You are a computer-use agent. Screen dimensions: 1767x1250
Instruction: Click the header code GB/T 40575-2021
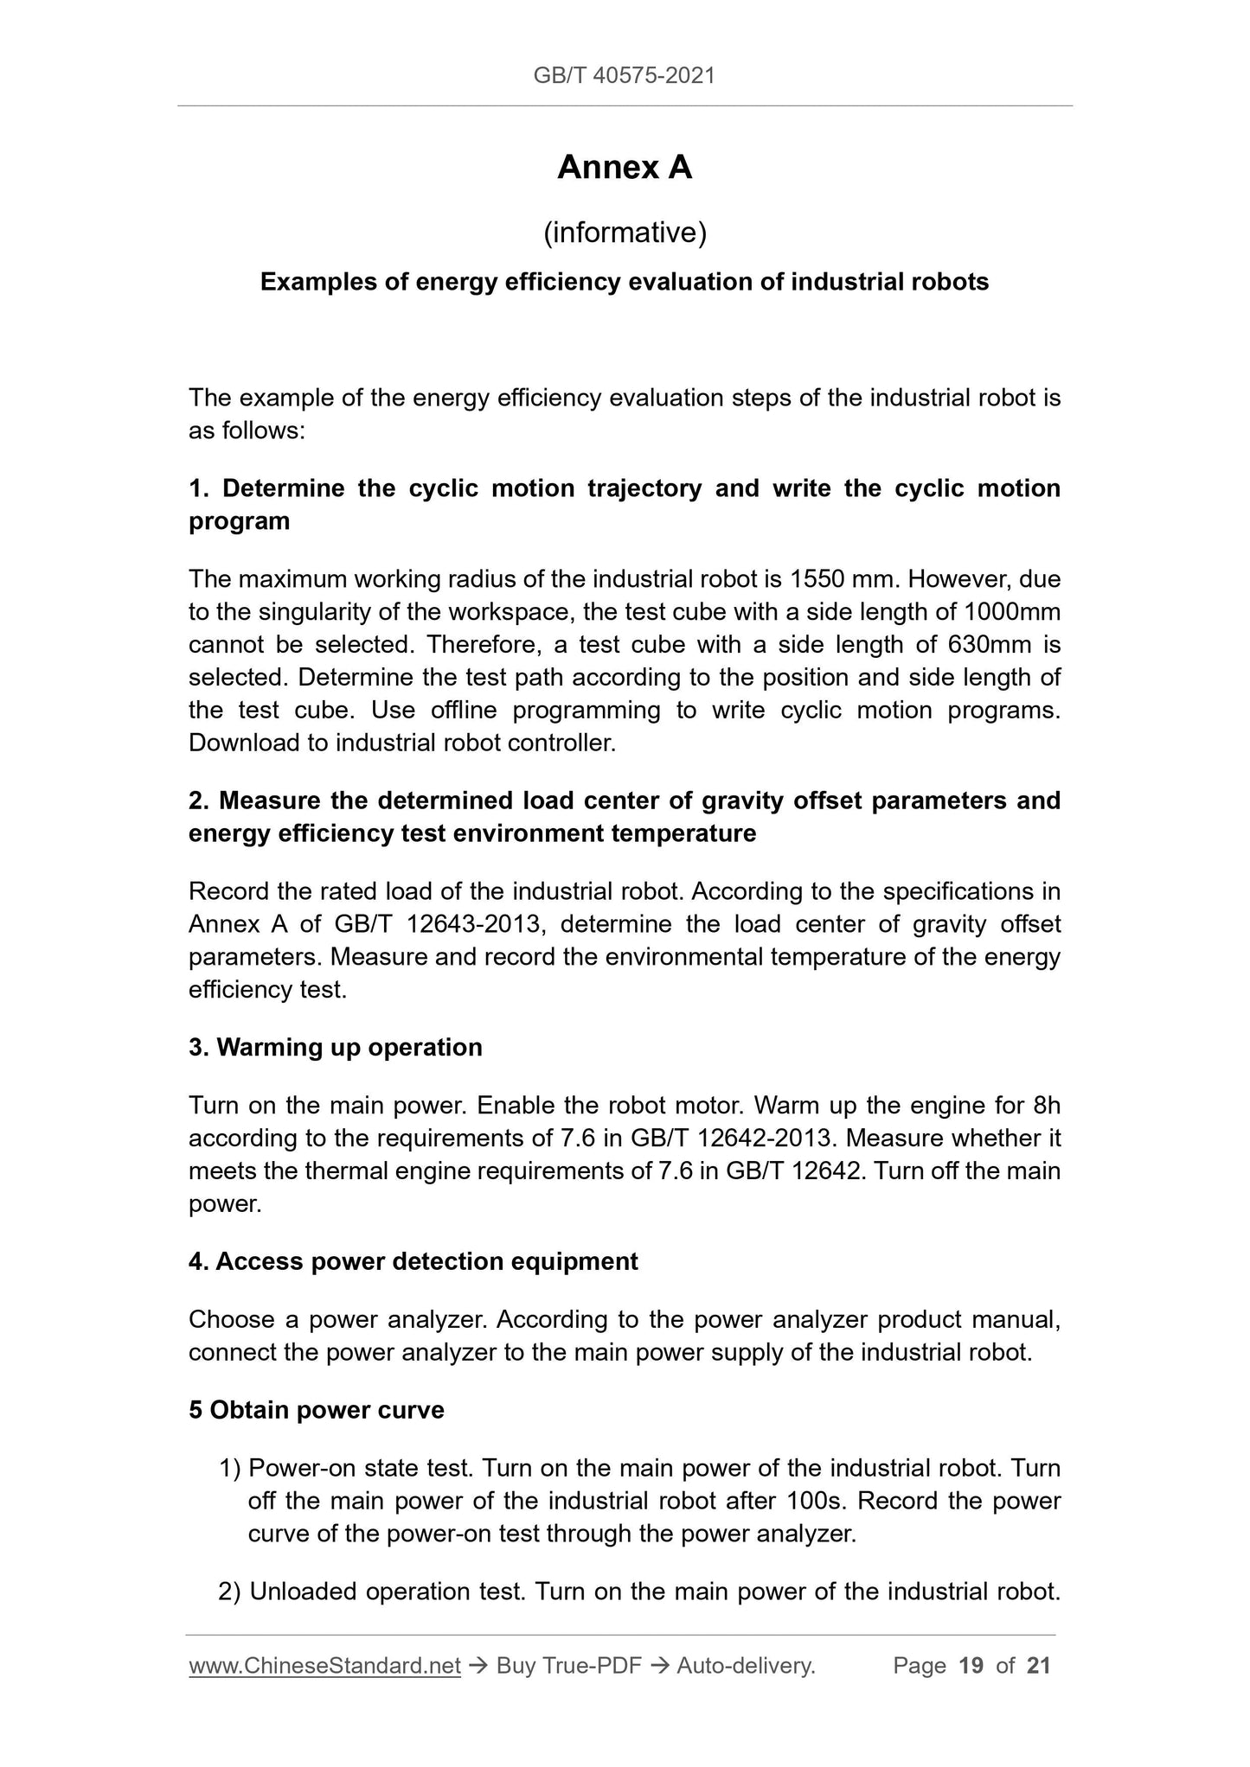[624, 76]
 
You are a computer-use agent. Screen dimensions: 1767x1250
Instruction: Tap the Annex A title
[624, 168]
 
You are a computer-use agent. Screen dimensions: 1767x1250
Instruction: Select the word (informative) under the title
[624, 233]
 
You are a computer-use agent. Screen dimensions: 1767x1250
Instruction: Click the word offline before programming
[451, 710]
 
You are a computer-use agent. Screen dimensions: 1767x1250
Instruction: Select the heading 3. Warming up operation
[336, 1048]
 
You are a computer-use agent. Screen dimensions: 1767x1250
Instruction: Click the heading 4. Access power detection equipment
[413, 1262]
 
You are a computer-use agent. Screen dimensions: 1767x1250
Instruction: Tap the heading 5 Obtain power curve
[317, 1410]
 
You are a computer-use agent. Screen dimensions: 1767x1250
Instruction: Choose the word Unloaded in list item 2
[302, 1592]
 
